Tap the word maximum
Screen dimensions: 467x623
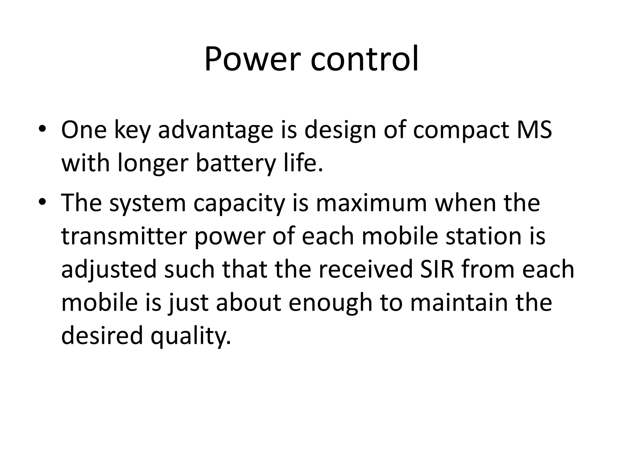click(x=371, y=203)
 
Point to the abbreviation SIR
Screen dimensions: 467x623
click(x=437, y=269)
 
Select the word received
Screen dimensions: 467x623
click(x=366, y=269)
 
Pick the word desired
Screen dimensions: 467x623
click(x=102, y=336)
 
